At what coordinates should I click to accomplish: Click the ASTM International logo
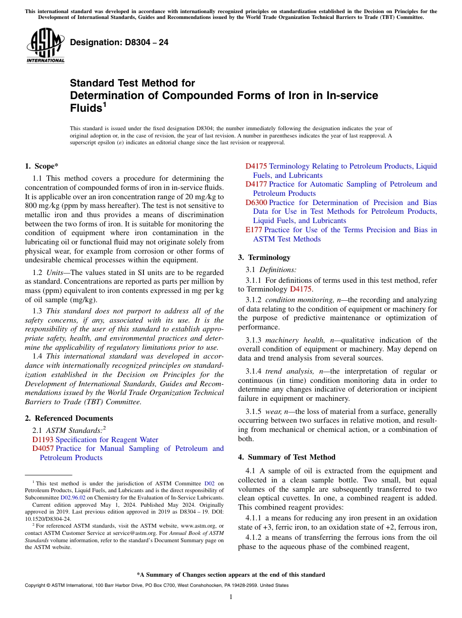(45, 46)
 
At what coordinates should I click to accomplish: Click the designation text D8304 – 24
(119, 42)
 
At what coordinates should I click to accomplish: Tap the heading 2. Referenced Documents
(69, 418)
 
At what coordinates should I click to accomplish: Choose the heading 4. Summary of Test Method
(287, 457)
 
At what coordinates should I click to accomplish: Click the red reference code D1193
(43, 440)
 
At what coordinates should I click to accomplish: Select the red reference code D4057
(43, 448)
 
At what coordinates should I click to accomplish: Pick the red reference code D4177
(256, 184)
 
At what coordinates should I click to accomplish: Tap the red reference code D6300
(256, 203)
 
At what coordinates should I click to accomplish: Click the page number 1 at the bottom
(231, 597)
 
